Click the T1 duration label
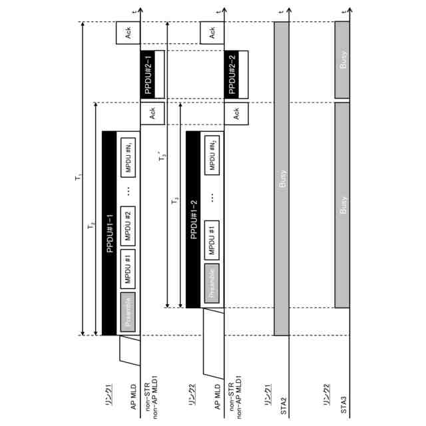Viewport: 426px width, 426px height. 79,178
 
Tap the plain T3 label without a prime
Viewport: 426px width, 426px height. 176,202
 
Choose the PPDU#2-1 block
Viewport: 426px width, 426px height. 150,73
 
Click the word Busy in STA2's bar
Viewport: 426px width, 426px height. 282,180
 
